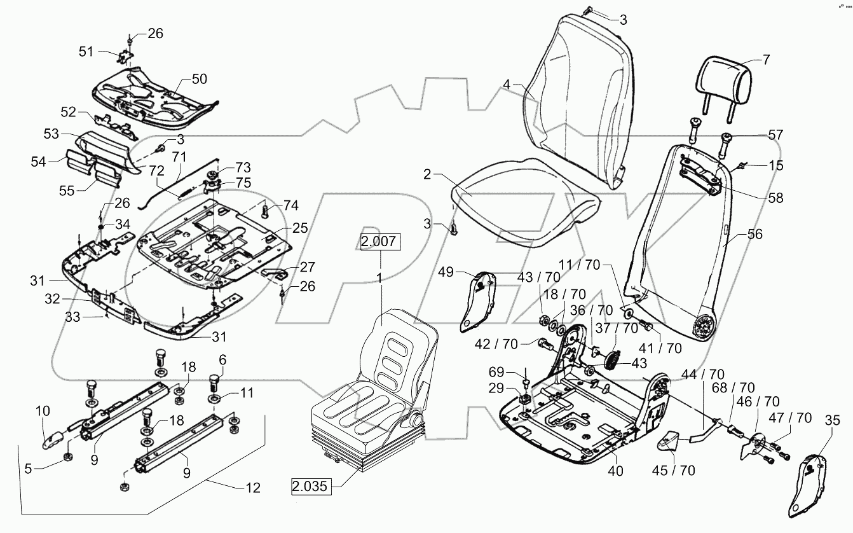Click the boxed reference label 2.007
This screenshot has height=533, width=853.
click(x=380, y=242)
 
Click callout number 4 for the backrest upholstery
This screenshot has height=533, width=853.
click(x=507, y=84)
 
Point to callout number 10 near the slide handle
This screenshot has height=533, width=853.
click(x=43, y=412)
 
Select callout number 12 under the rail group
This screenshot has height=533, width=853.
click(x=252, y=488)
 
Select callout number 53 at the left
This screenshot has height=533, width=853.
click(x=51, y=134)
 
